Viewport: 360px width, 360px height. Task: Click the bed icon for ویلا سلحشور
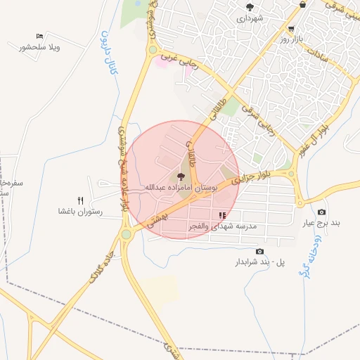39,36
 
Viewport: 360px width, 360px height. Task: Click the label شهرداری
250,18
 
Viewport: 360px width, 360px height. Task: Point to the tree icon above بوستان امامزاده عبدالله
181,176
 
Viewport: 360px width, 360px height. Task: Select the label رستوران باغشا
81,212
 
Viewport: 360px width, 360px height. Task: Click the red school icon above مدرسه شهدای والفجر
223,216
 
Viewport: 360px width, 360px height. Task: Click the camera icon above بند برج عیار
322,212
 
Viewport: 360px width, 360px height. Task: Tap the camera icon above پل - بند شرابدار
259,251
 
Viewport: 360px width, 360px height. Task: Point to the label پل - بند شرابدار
260,262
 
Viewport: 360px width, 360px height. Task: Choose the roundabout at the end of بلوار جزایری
290,174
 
